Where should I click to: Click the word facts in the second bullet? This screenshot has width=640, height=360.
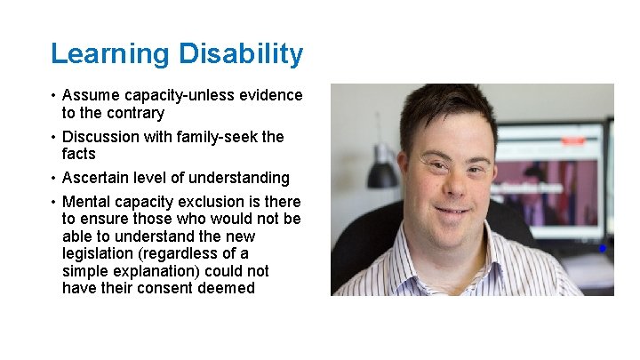[79, 154]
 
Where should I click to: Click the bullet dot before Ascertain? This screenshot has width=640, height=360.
[53, 179]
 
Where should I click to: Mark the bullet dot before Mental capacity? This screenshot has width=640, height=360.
[53, 203]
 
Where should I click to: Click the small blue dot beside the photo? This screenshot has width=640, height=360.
[602, 249]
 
